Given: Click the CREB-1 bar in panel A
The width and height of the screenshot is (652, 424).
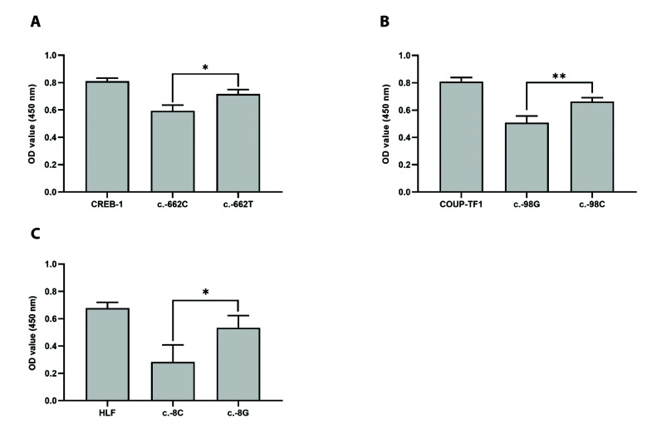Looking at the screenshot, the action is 107,136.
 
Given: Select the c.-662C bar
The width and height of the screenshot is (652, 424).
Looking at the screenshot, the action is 173,151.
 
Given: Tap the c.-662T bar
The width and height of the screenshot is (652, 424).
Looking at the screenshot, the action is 238,143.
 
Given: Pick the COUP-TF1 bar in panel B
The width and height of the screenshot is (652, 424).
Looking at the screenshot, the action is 461,137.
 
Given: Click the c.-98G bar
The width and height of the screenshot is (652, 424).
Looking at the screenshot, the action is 527,157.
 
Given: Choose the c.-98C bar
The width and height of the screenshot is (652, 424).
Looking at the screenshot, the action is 592,147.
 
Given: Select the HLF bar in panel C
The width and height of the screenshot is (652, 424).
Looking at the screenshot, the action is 107,354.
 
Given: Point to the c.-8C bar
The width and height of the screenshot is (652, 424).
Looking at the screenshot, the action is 173,382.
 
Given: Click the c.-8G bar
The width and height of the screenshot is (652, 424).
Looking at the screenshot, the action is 238,364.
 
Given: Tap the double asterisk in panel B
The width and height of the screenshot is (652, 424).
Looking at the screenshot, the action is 559,76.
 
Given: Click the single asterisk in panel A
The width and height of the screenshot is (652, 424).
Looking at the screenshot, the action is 205,67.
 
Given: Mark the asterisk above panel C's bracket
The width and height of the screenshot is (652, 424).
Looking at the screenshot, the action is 205,293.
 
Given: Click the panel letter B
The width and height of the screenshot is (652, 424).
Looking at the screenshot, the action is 385,22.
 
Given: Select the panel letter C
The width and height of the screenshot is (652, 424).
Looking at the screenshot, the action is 36,234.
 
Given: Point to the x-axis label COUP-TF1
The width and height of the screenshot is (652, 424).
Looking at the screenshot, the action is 461,205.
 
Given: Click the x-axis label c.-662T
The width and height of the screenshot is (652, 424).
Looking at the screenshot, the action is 238,205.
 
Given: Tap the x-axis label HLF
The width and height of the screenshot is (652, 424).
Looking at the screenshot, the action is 107,413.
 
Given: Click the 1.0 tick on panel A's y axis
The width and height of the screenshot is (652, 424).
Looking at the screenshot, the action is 51,56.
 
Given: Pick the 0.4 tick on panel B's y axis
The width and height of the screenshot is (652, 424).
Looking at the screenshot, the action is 405,137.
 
